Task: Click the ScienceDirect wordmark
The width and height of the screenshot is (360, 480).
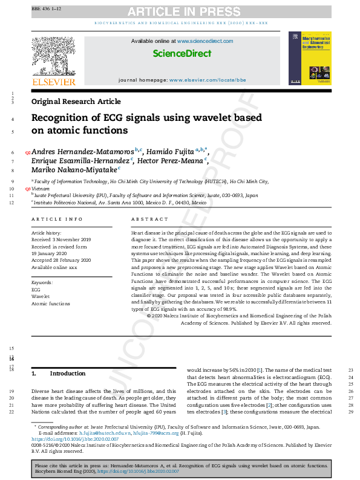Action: [182, 54]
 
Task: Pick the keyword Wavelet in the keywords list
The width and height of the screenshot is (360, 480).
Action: [41, 297]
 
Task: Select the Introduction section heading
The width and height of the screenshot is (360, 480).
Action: [68, 374]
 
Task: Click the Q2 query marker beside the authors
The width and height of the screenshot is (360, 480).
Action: [27, 152]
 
